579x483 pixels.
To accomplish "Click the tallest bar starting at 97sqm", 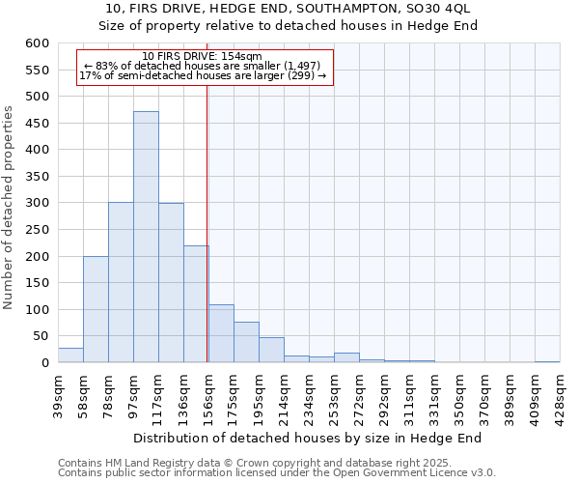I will [146, 237].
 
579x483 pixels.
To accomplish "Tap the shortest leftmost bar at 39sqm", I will [70, 355].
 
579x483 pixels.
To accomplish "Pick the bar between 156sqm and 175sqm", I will [221, 333].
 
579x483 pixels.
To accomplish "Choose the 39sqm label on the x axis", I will [59, 397].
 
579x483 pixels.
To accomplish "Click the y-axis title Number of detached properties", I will [9, 209].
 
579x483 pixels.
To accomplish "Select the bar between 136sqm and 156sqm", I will [196, 304].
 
